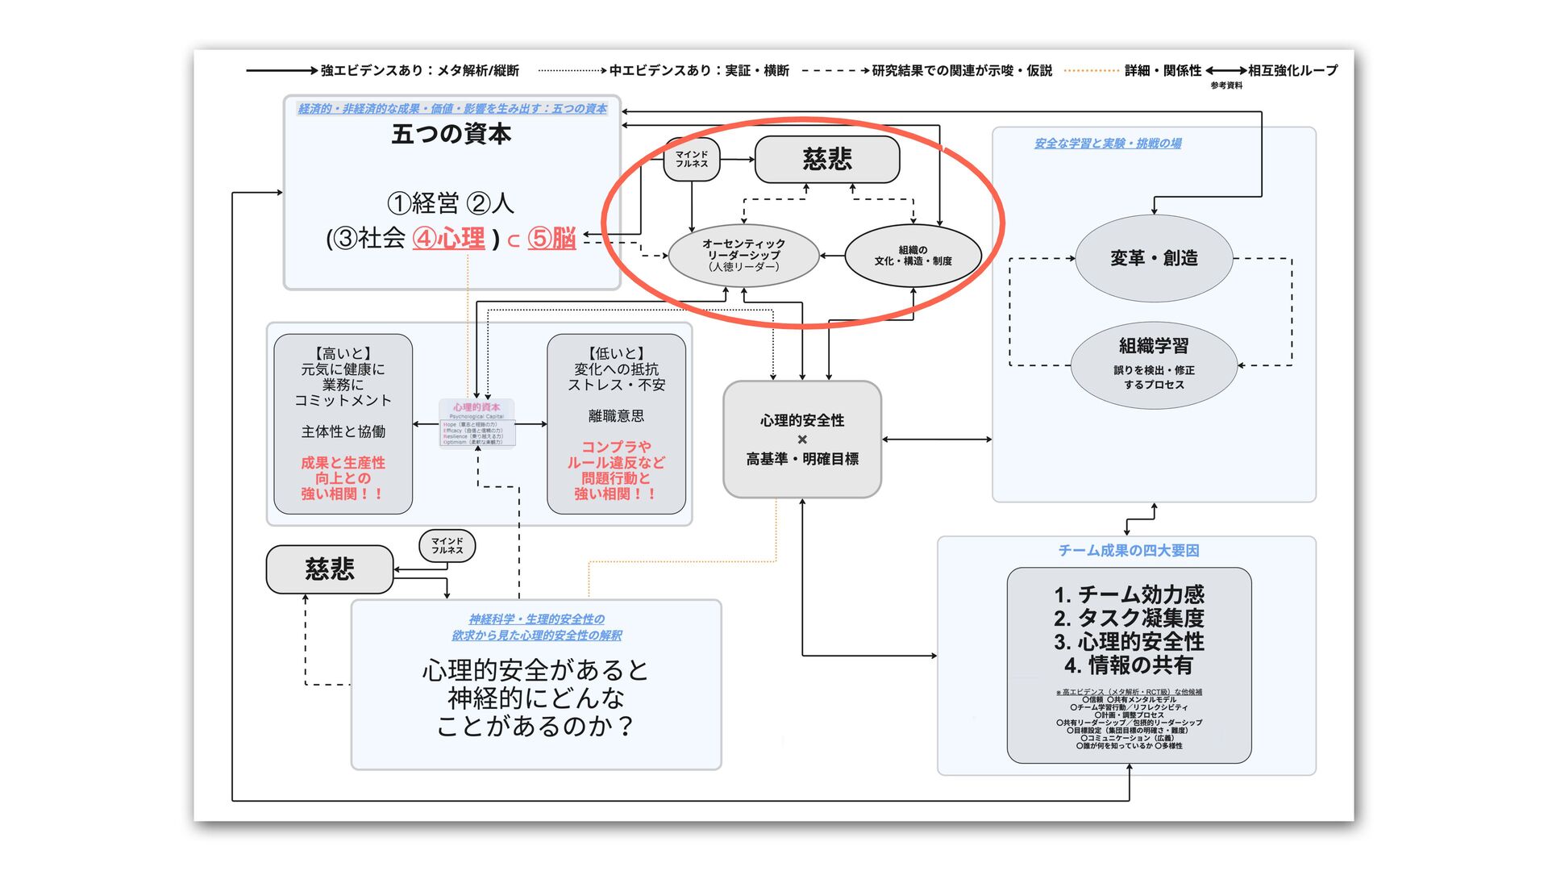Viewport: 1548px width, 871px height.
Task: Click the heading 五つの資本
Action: [x=451, y=134]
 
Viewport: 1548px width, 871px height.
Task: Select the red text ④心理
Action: [x=449, y=239]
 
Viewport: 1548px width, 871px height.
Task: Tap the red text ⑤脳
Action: [x=551, y=239]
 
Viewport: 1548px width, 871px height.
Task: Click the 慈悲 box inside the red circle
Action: [x=826, y=159]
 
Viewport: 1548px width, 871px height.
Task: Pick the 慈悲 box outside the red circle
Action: [x=330, y=569]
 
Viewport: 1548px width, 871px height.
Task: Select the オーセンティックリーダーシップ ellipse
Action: [x=743, y=255]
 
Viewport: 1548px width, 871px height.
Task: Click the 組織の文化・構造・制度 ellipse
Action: [x=913, y=256]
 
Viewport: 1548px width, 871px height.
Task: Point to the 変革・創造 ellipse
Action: [x=1154, y=258]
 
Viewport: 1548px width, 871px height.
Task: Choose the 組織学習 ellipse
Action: [x=1154, y=365]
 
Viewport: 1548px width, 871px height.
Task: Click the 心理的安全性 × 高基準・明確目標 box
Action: [x=801, y=440]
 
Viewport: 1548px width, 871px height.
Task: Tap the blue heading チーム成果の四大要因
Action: [x=1128, y=551]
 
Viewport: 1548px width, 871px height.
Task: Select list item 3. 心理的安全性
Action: [x=1129, y=642]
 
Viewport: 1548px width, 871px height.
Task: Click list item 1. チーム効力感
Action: [x=1129, y=595]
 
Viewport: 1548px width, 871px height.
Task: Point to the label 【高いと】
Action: [x=343, y=353]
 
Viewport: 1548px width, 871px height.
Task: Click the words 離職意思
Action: [x=616, y=416]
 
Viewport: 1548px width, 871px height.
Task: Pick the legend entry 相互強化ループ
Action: [x=1292, y=71]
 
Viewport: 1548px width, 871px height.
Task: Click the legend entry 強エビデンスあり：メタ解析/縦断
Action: [x=419, y=71]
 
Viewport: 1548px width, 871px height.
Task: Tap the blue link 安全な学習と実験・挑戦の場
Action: [x=1108, y=144]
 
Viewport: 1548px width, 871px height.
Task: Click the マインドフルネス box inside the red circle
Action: [x=692, y=159]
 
